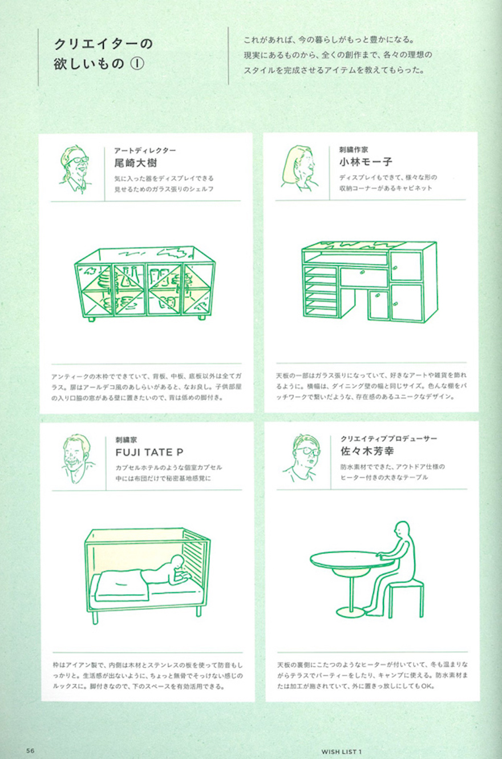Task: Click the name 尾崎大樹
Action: click(x=136, y=163)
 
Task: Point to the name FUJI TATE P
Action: click(x=149, y=452)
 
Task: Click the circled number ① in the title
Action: click(x=137, y=64)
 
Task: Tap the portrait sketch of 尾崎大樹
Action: click(x=75, y=169)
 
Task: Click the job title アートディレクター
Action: click(x=145, y=150)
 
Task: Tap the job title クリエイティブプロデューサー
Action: click(x=388, y=438)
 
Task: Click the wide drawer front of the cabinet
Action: click(x=364, y=277)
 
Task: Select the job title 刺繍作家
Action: click(x=353, y=149)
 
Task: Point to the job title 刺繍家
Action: click(x=126, y=440)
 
